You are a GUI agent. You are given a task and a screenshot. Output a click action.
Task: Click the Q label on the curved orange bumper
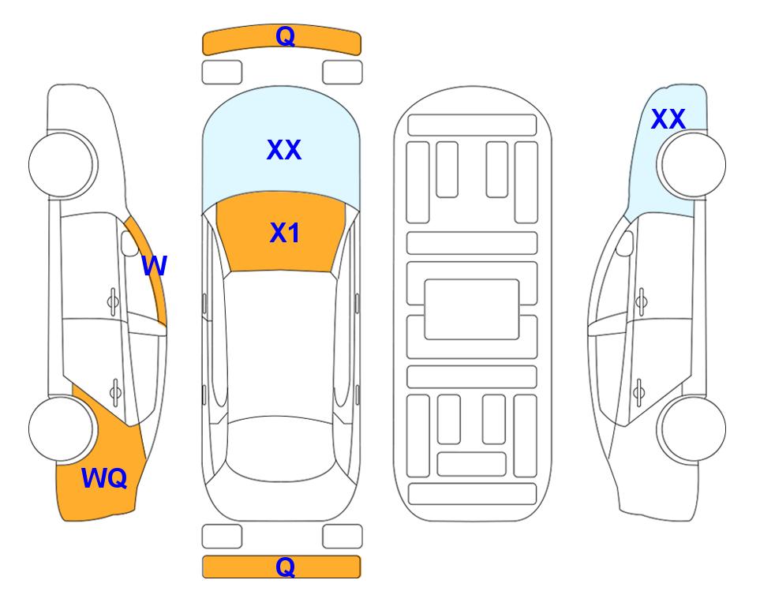(x=285, y=36)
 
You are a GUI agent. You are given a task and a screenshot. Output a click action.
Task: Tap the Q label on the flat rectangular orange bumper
(x=285, y=567)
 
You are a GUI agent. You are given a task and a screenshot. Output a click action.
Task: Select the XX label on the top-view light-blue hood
(x=284, y=149)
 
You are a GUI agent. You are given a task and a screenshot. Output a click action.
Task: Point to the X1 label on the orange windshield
(x=285, y=233)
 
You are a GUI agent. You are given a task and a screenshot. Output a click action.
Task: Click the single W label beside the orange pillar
(x=154, y=266)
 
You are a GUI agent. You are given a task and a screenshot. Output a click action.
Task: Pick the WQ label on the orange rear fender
(x=104, y=478)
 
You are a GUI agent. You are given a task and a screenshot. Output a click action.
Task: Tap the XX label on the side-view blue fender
(x=668, y=119)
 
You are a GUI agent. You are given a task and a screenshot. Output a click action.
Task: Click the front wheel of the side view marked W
(x=62, y=164)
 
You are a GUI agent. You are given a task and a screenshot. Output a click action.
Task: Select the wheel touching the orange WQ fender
(x=62, y=428)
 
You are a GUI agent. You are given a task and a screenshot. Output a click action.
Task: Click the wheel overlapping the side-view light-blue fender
(x=691, y=165)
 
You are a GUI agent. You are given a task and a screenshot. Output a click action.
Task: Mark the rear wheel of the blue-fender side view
(x=691, y=428)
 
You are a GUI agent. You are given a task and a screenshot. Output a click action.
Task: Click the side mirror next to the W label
(x=129, y=243)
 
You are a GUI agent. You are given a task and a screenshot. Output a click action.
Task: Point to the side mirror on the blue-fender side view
(x=625, y=243)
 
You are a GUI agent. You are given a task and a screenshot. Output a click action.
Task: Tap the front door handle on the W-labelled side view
(x=113, y=301)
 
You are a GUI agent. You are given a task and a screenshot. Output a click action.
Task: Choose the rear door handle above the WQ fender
(x=115, y=391)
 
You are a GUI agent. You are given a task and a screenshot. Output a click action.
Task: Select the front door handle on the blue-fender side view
(x=642, y=301)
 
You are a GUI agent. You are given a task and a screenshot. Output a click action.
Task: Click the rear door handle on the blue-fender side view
(x=638, y=391)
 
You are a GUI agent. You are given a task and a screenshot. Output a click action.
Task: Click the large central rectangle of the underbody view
(x=472, y=309)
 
